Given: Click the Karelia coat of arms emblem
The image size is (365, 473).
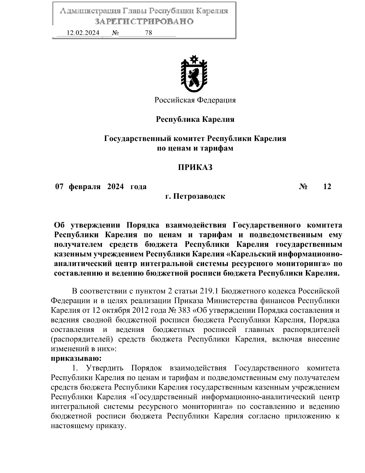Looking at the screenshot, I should (x=194, y=73).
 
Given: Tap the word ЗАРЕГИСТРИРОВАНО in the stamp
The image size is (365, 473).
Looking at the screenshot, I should (x=144, y=22).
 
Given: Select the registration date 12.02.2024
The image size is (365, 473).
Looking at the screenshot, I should (x=83, y=33).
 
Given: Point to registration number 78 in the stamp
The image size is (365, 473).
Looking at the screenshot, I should (x=149, y=33).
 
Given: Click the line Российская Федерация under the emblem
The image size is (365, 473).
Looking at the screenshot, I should (x=195, y=100).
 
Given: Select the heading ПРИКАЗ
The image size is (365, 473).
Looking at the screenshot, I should (x=195, y=167).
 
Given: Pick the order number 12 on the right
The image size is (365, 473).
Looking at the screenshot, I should (x=327, y=186).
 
